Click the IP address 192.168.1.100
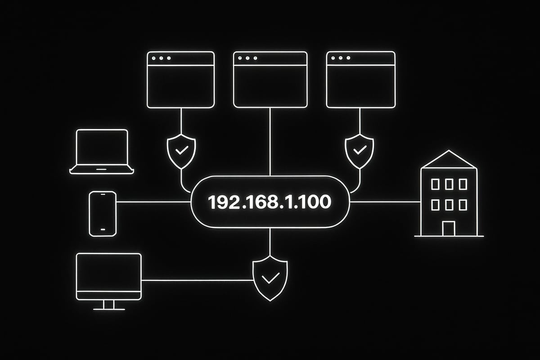point(270,202)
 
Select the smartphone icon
point(103,214)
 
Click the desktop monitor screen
point(109,272)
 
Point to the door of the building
point(448,228)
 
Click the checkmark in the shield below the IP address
point(270,279)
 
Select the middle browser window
point(270,80)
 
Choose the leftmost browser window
point(181,80)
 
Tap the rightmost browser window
point(360,80)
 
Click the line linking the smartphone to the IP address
point(153,202)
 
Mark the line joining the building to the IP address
point(385,202)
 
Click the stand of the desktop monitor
point(109,305)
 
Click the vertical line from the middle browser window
point(270,142)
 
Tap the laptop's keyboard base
point(102,171)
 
